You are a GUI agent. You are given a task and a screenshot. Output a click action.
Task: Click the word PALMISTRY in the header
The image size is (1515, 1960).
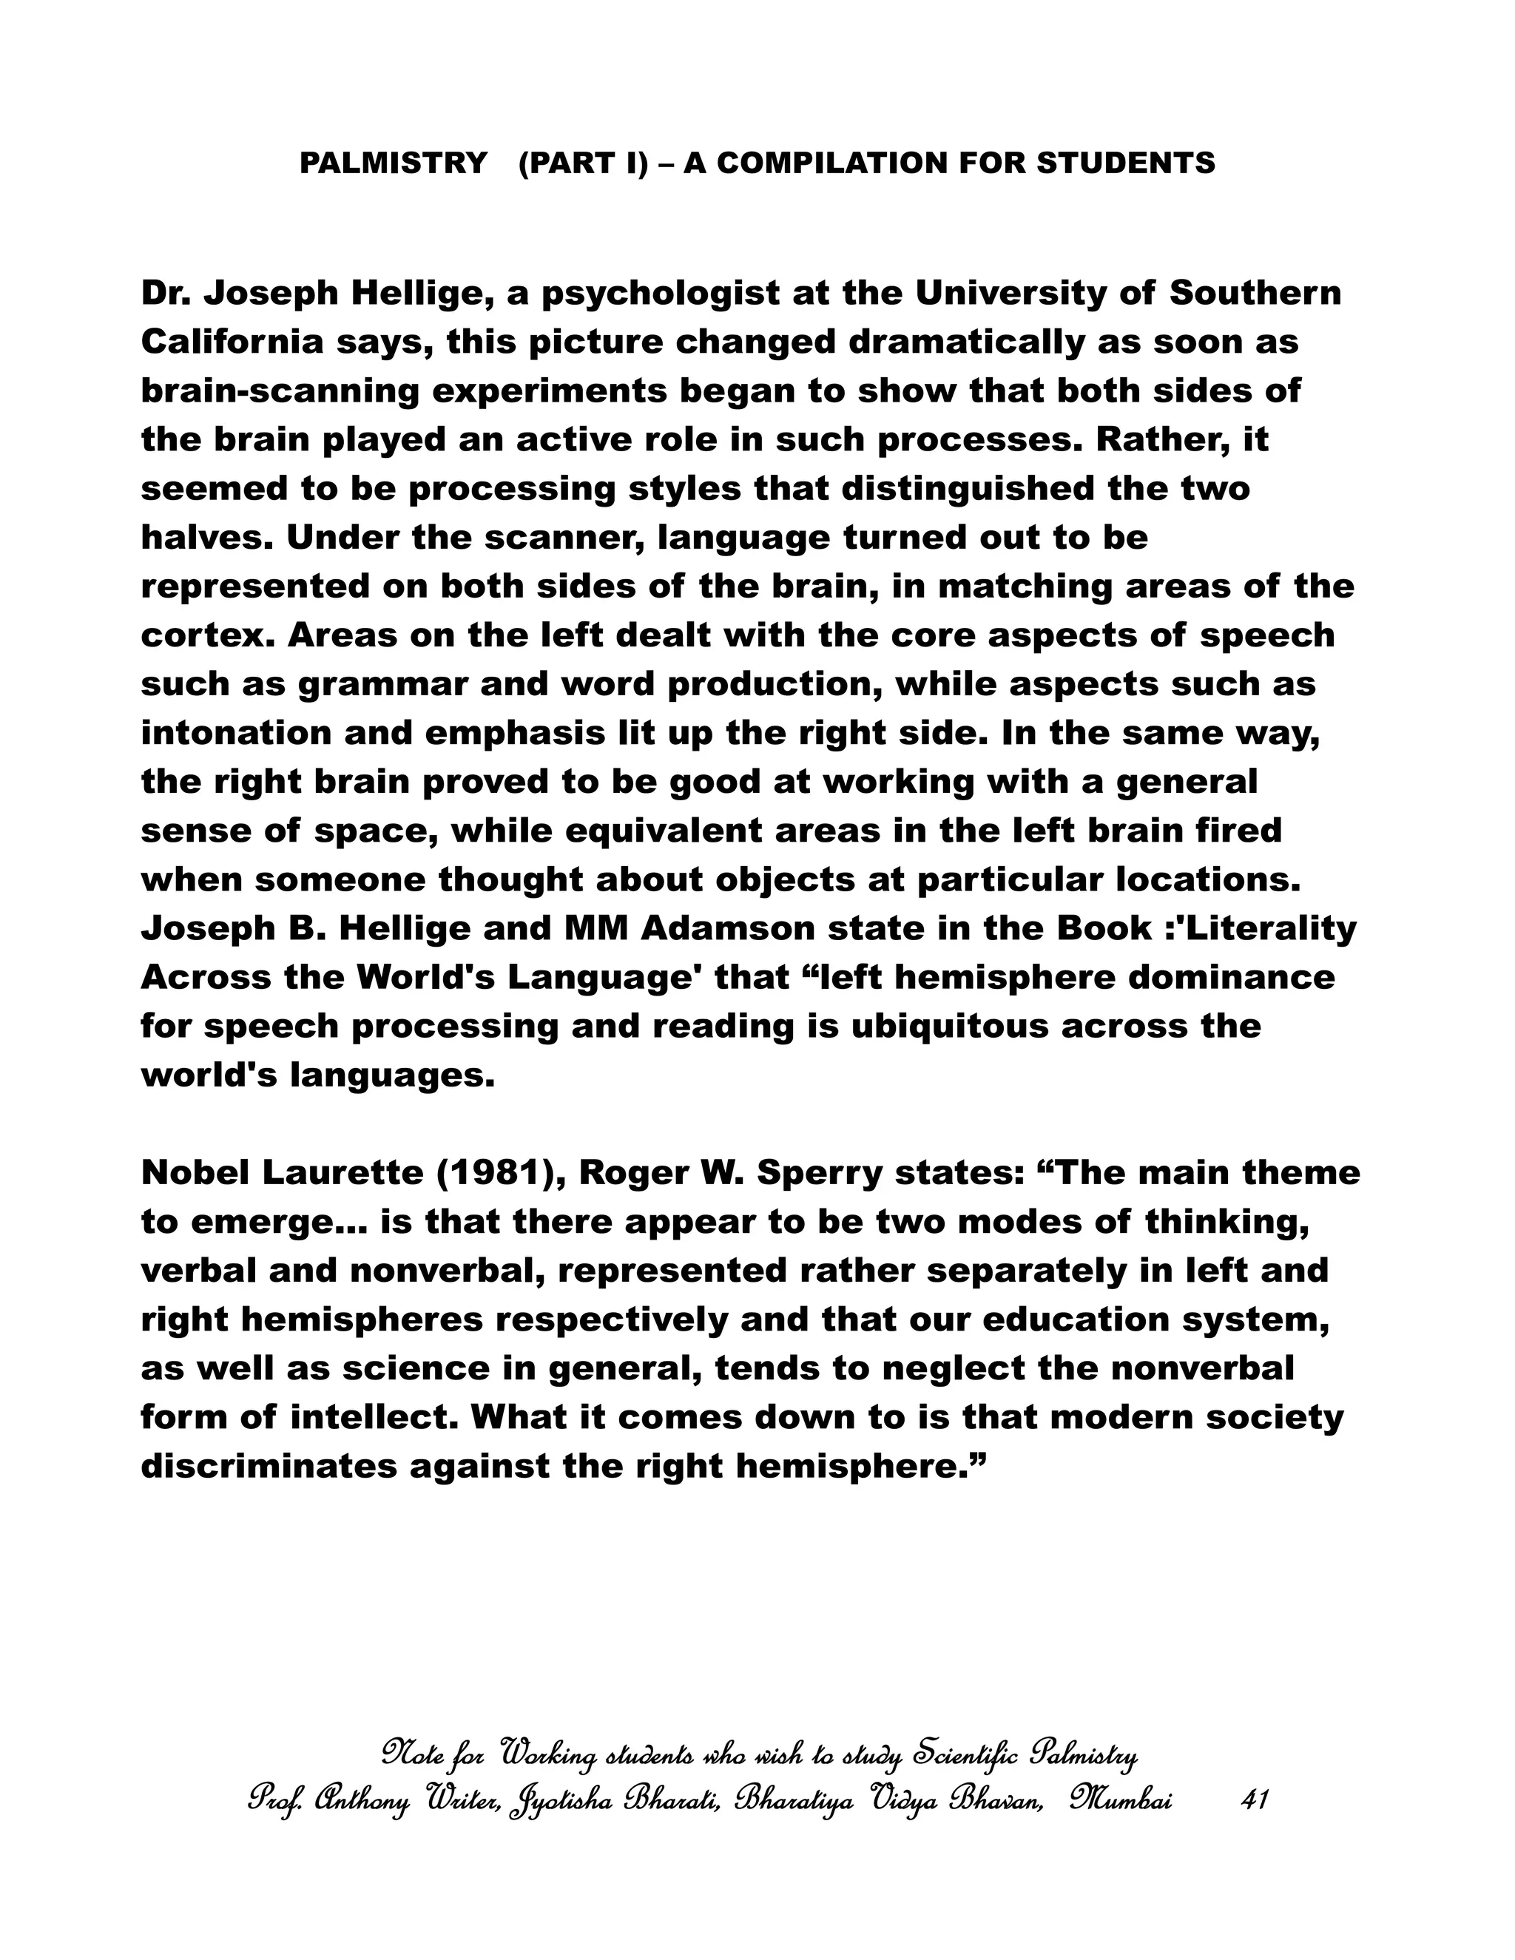(393, 163)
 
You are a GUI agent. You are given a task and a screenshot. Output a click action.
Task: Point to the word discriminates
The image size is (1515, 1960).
(269, 1467)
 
